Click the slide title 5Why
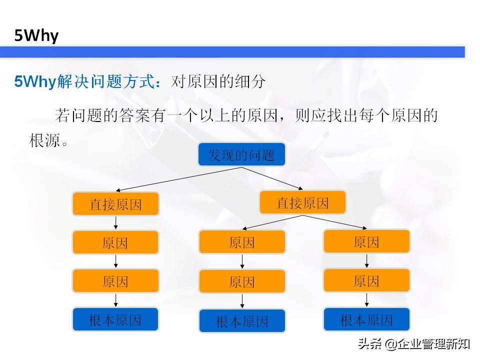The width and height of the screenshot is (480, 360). coord(37,35)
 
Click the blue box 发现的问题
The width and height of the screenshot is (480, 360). coord(242,154)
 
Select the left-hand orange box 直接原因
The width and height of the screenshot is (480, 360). coord(115,204)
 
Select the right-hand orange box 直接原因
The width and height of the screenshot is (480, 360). coord(302,203)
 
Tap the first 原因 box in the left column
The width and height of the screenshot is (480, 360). coord(115,242)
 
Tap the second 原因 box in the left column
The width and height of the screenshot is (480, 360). coord(115,281)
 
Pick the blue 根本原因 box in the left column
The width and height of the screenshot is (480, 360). coord(115,320)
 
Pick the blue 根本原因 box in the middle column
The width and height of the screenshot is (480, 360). coord(242,321)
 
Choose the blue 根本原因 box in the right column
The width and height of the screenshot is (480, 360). coord(366,320)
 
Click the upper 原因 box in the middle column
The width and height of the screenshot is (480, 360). coord(242,242)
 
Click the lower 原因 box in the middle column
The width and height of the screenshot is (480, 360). coord(242,281)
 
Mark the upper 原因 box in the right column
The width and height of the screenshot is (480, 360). coord(366,241)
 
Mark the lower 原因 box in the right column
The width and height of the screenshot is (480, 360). coord(366,280)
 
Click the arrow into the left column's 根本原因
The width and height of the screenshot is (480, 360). coord(115,300)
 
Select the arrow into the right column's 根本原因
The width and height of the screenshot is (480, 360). coord(366,299)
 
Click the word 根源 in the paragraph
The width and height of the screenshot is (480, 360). coord(44,140)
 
